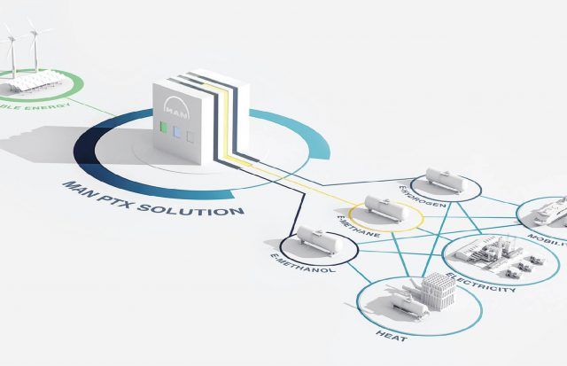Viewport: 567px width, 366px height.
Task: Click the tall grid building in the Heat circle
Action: click(x=437, y=292)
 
